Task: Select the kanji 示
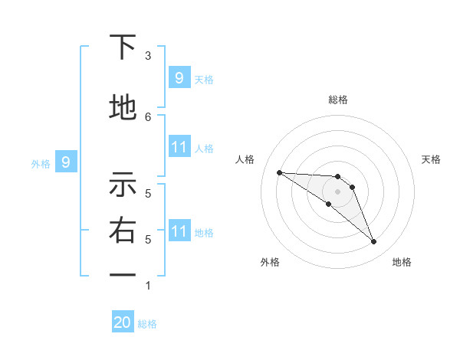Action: point(123,185)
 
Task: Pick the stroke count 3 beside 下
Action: point(148,56)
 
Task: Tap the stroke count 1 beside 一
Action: point(148,286)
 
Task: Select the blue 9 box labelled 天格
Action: point(179,78)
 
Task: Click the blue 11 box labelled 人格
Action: point(179,147)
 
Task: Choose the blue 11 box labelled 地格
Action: point(179,231)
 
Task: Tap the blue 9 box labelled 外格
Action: point(66,162)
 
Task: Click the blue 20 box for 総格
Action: point(123,322)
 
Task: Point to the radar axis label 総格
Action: point(337,100)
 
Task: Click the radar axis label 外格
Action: point(269,262)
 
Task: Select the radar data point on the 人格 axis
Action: point(279,172)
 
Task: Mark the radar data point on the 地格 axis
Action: point(374,242)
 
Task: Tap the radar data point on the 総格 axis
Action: point(337,177)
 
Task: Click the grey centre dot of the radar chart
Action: point(337,191)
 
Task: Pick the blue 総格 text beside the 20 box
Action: point(147,324)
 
